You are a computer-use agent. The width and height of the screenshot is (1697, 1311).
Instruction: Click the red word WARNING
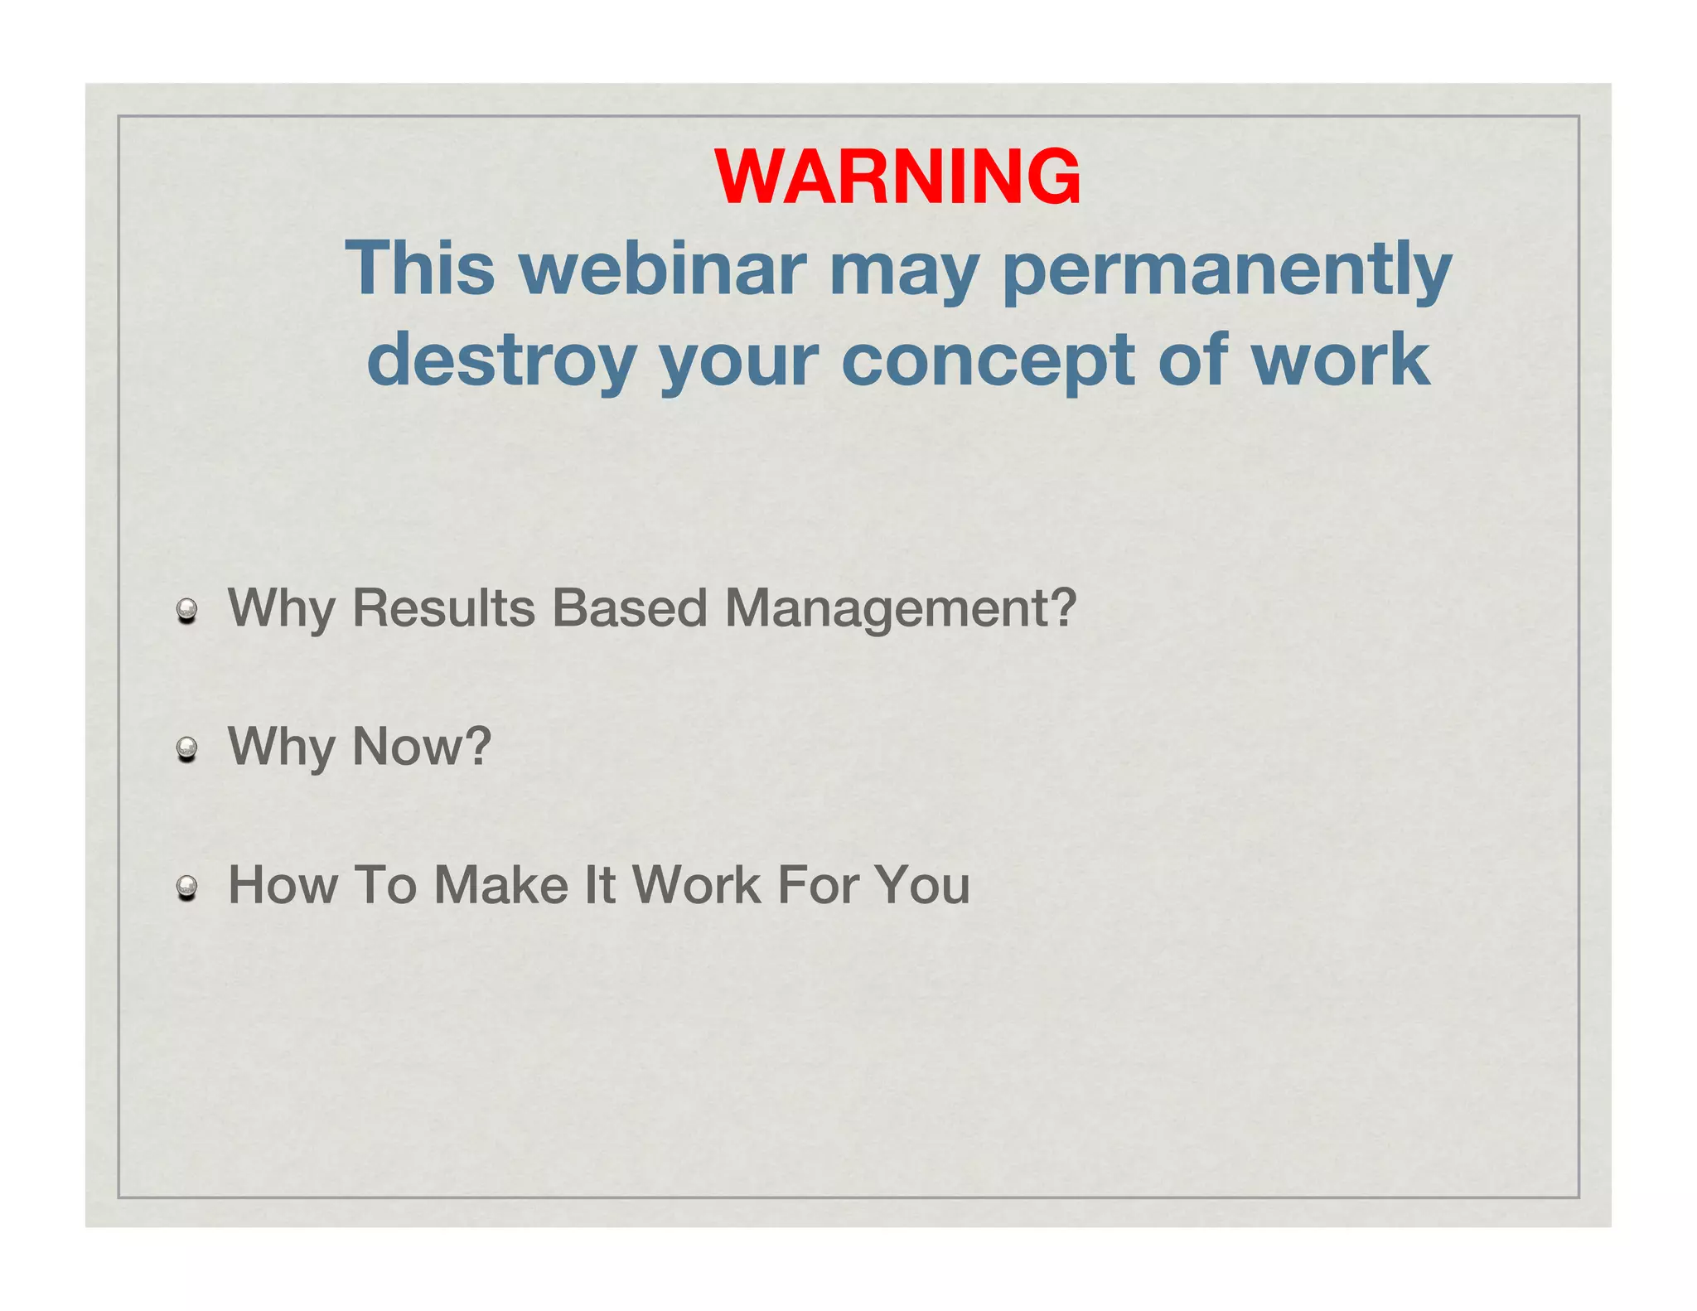coord(897,177)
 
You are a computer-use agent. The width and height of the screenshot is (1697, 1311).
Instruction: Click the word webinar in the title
coord(663,268)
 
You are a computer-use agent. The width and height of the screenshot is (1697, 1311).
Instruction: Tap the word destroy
coord(501,360)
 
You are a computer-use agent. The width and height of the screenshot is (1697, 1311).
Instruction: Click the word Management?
coord(901,610)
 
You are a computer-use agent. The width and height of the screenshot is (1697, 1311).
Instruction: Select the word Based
coord(630,608)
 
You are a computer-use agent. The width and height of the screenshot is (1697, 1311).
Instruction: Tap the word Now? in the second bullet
coord(422,747)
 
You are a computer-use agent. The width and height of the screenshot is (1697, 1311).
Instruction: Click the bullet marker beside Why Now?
coord(187,750)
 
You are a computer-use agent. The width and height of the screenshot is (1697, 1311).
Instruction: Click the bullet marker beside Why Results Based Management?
coord(187,612)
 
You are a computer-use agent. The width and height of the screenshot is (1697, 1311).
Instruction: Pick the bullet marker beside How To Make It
coord(187,888)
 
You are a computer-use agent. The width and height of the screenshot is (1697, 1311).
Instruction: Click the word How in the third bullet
coord(283,885)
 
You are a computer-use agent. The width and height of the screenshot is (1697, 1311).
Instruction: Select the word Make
coord(501,885)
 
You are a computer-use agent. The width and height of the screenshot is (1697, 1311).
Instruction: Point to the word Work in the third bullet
coord(697,885)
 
